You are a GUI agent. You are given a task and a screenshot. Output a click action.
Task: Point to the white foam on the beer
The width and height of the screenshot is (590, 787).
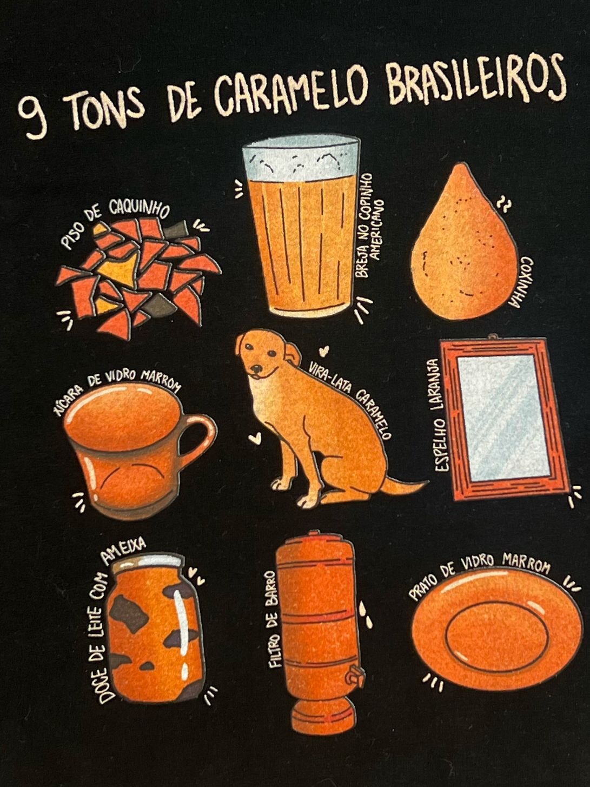(301, 157)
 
